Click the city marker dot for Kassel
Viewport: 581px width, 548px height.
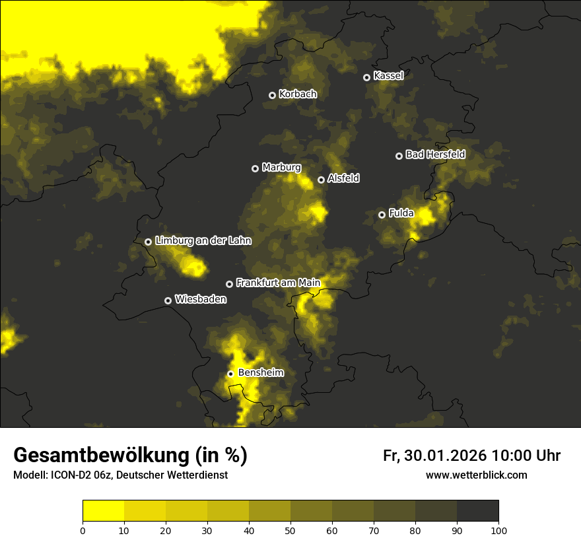[x=366, y=77]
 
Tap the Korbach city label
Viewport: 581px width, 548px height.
[x=298, y=94]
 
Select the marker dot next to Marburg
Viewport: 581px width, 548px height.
[x=255, y=168]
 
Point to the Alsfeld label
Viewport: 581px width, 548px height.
[x=343, y=179]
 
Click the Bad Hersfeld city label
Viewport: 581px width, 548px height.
[x=435, y=155]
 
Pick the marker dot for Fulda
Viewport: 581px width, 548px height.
[x=382, y=215]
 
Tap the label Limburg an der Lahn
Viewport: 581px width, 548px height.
[x=203, y=241]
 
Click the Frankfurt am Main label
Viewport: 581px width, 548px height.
[x=278, y=283]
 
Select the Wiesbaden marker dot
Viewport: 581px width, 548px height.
[x=168, y=300]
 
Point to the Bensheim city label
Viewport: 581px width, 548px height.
[x=261, y=373]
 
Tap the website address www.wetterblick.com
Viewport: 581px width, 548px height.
[x=477, y=475]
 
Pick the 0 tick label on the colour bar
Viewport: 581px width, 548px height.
[x=83, y=530]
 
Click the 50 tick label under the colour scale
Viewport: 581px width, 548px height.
[x=290, y=530]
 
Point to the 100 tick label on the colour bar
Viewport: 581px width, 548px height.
[x=498, y=530]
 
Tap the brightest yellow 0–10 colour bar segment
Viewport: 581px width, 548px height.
[x=103, y=511]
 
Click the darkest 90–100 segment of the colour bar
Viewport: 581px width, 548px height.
[x=477, y=511]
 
